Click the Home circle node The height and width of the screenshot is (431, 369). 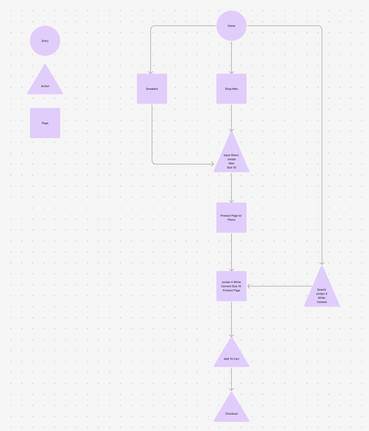point(231,26)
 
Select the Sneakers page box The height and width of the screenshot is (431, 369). point(152,89)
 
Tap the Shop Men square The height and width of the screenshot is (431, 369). point(231,89)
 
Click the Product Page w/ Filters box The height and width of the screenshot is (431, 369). point(231,218)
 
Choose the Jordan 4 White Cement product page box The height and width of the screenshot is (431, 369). point(231,286)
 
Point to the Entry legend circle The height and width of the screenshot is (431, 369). point(45,41)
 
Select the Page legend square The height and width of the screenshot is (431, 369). point(45,123)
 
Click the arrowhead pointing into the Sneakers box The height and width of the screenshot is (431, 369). point(151,72)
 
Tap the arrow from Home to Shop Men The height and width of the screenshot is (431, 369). point(231,57)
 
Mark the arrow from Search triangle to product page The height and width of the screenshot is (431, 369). point(278,286)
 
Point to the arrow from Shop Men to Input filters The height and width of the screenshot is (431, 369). point(231,117)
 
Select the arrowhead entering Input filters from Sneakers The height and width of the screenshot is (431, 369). point(212,164)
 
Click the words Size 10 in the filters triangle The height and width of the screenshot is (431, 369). point(231,167)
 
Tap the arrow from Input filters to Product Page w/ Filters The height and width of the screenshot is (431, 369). point(231,187)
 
